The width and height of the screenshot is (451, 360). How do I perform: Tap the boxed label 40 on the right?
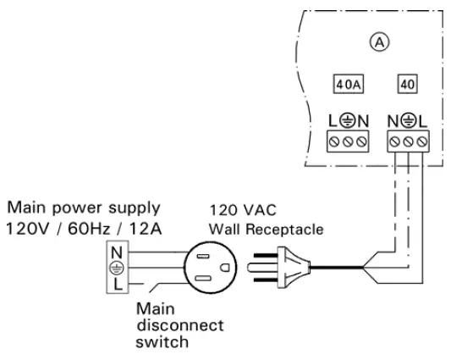[407, 85]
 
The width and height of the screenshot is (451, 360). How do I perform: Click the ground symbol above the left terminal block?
[347, 120]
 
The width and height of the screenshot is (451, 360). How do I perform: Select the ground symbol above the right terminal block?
[408, 120]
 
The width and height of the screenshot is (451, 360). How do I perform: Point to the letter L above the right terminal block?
[421, 120]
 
